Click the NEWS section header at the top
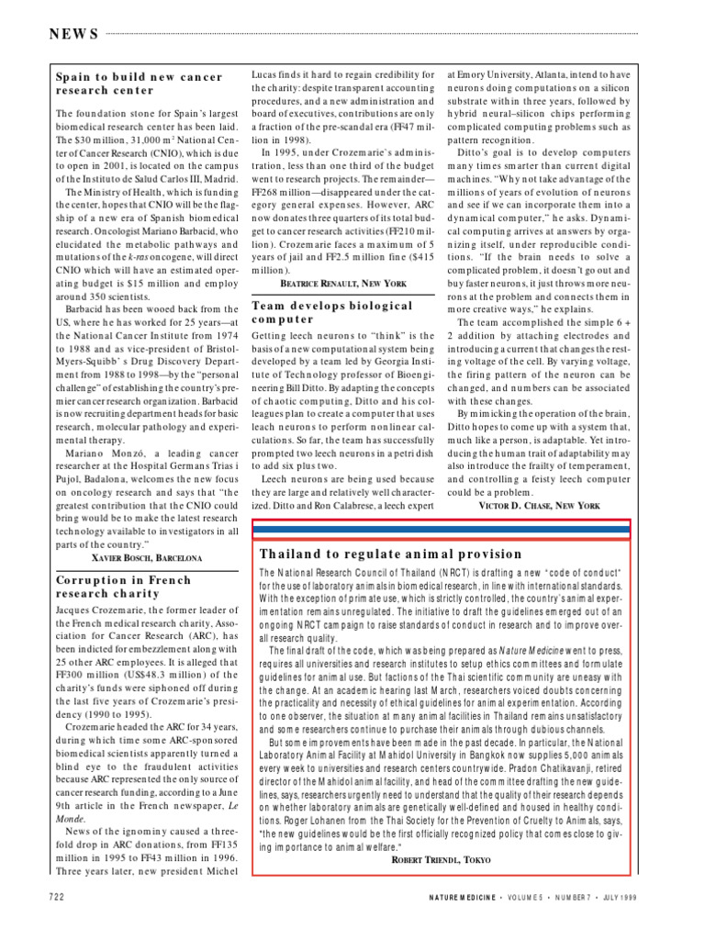(73, 35)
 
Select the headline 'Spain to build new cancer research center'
(138, 84)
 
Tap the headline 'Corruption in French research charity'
(124, 587)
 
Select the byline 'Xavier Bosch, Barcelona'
(147, 557)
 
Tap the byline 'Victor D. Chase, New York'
(539, 505)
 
